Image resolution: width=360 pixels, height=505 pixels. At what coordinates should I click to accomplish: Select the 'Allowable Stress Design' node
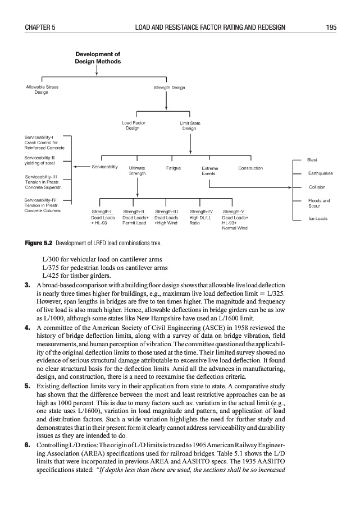pos(42,90)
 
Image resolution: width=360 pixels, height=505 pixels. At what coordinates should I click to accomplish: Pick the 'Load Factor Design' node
pos(133,125)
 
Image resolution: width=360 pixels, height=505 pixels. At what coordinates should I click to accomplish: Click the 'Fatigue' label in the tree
pos(173,168)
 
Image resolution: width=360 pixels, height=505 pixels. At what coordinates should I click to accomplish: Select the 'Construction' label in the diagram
pos(250,168)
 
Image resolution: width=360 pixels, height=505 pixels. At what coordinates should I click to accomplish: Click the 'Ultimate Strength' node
pos(138,171)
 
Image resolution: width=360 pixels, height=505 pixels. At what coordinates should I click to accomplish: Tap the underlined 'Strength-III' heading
pos(166,211)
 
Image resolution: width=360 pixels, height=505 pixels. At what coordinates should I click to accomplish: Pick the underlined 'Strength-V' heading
pos(233,211)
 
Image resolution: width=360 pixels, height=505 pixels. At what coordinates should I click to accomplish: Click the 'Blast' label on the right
pos(313,160)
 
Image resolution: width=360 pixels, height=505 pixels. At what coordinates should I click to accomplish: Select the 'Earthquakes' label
pos(321,173)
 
